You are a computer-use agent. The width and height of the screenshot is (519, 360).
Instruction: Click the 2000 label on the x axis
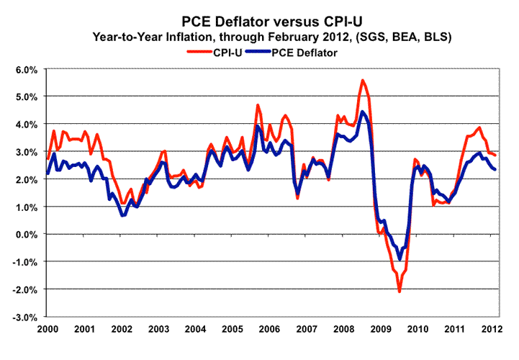(x=48, y=330)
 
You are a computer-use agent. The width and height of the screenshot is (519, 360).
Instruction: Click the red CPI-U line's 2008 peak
(x=362, y=80)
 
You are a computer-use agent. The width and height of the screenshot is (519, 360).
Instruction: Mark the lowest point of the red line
(x=400, y=292)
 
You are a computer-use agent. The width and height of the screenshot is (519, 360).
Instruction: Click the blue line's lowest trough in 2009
(x=400, y=259)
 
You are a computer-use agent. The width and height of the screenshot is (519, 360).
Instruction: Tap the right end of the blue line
(x=495, y=169)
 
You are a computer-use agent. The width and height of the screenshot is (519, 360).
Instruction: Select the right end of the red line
(x=495, y=155)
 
